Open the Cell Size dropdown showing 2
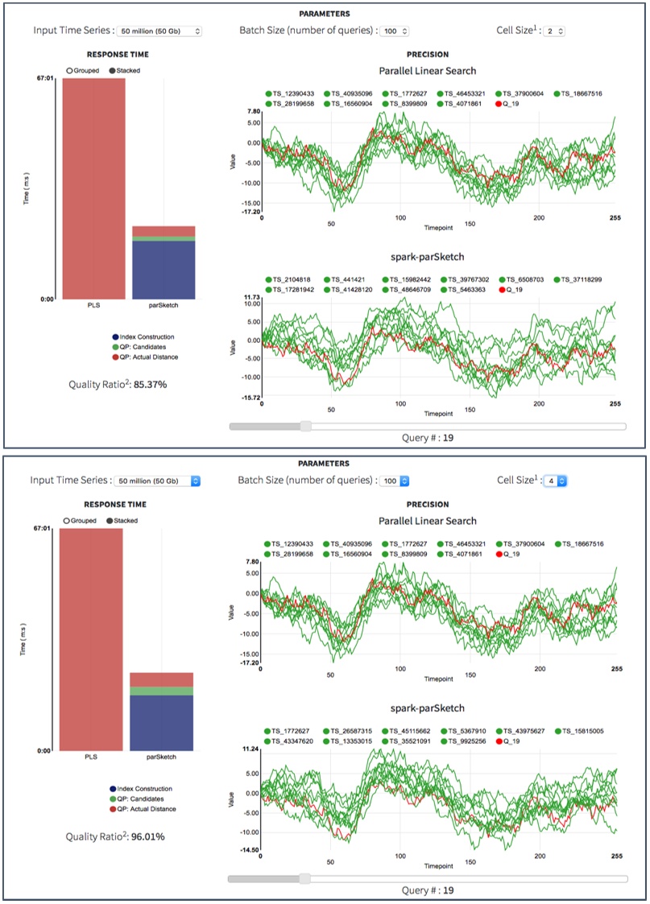click(x=556, y=31)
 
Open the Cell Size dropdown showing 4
click(x=556, y=481)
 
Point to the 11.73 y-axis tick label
click(x=250, y=298)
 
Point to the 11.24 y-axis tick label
click(x=250, y=749)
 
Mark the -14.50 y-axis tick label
click(x=249, y=849)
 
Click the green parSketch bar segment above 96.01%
click(x=161, y=691)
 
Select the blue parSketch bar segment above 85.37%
click(x=164, y=270)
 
